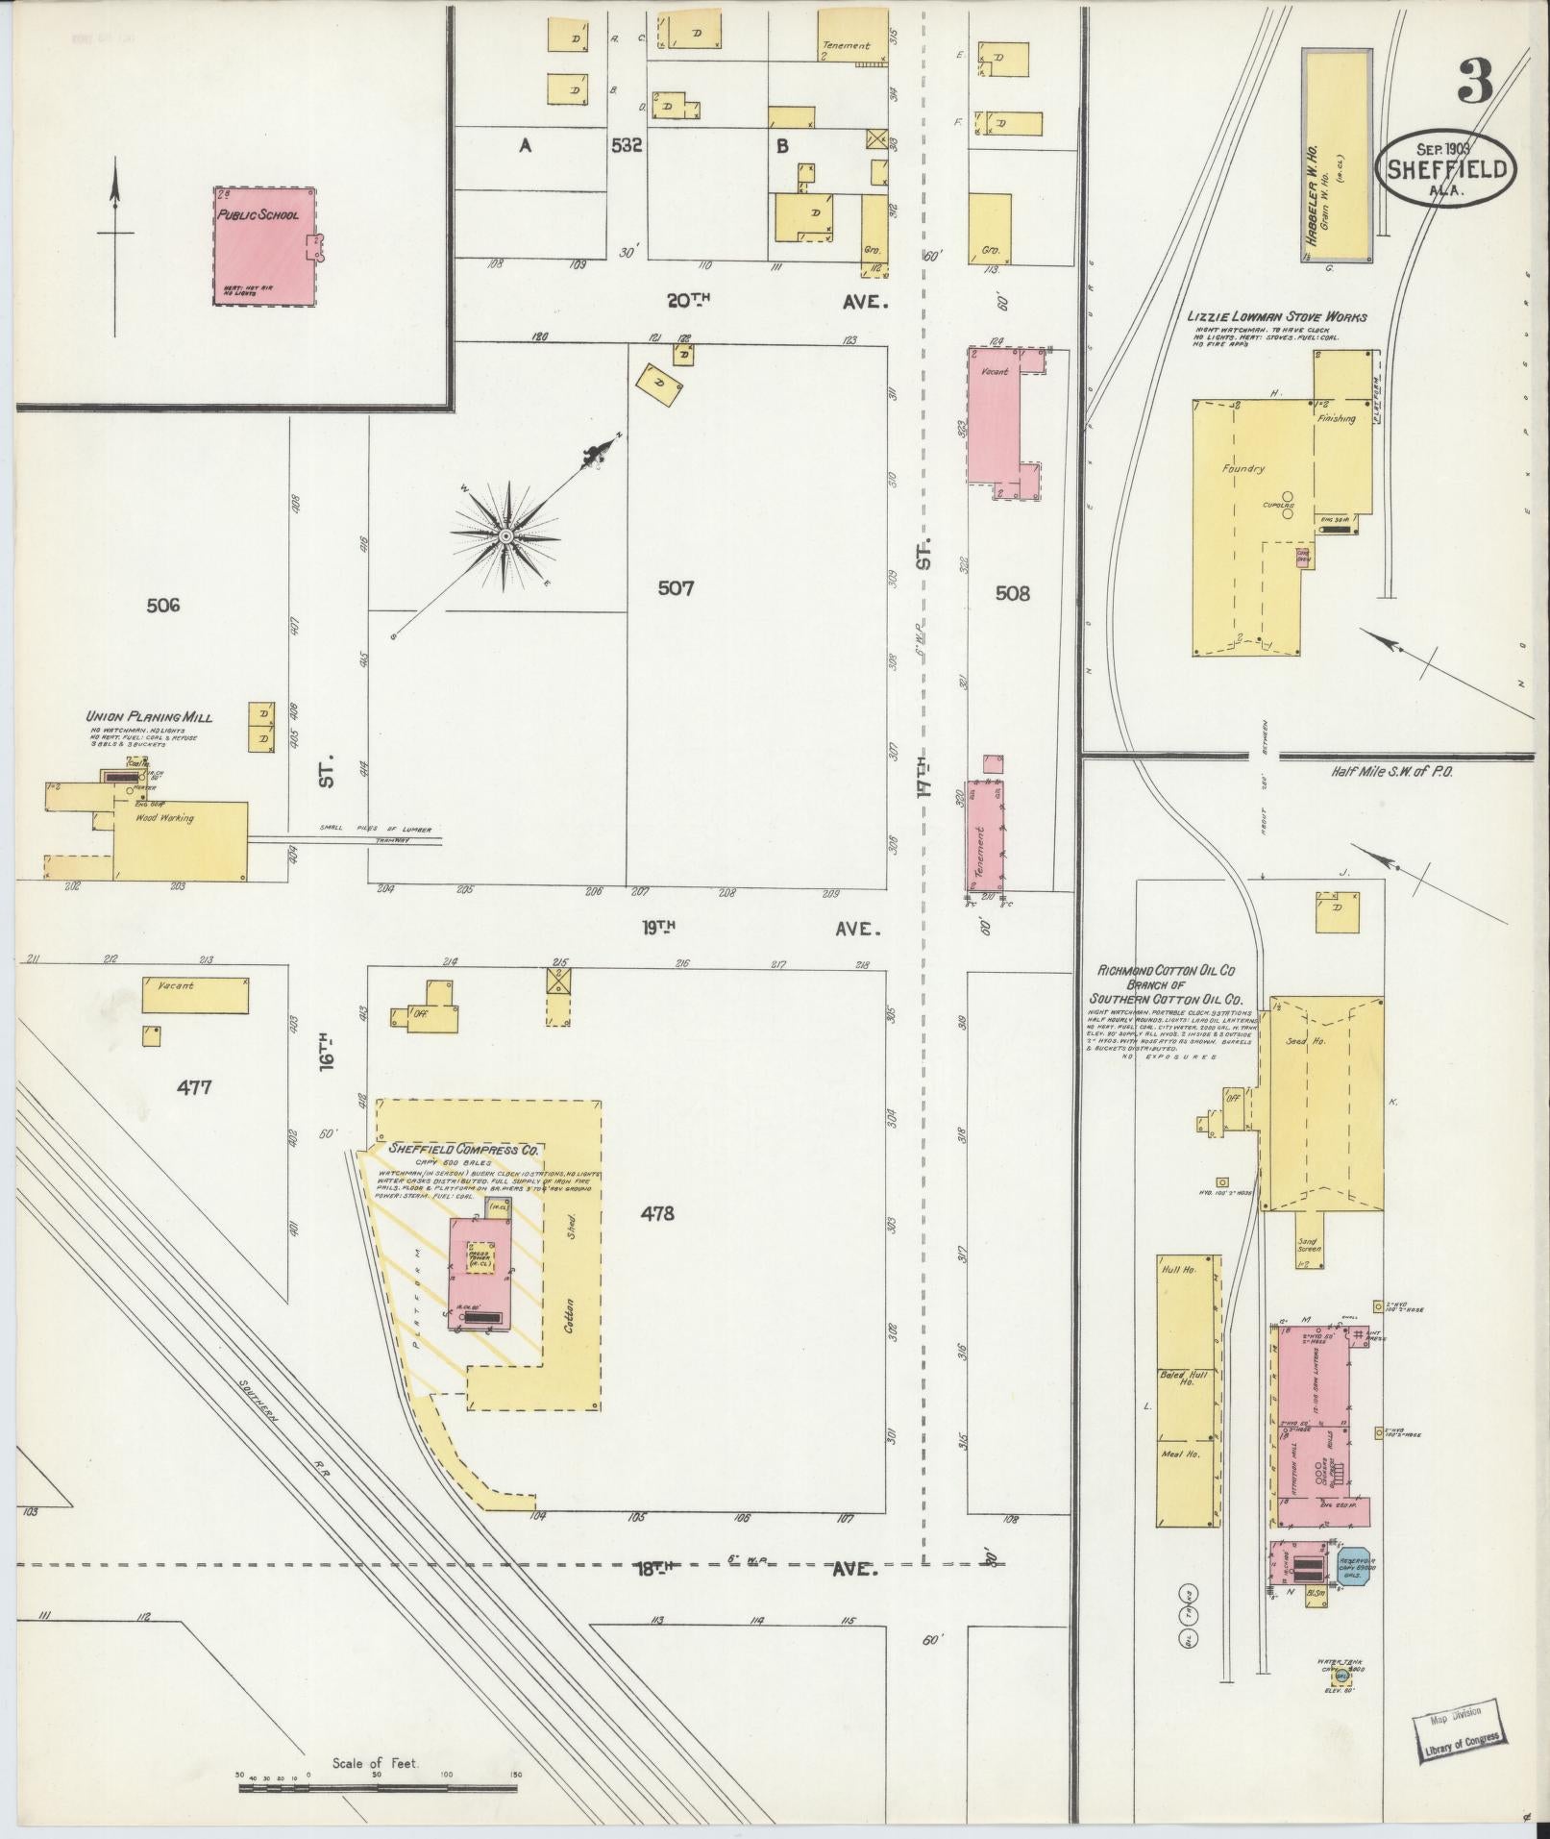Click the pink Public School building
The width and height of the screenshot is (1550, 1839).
point(263,246)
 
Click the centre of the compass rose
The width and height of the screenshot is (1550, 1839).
point(504,536)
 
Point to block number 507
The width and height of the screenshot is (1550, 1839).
point(676,587)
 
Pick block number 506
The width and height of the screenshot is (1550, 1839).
point(163,605)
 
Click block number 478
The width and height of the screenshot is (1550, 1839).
point(655,1213)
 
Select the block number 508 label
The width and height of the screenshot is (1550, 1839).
point(1012,593)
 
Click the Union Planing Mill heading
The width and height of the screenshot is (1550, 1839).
point(149,716)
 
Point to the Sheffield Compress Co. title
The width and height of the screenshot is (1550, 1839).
point(465,1149)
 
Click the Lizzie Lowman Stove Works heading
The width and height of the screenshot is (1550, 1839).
point(1277,316)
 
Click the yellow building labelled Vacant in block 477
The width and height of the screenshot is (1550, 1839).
point(195,995)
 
